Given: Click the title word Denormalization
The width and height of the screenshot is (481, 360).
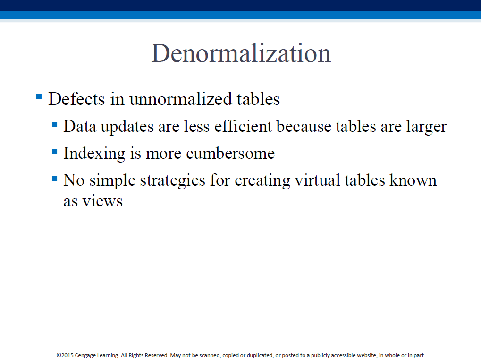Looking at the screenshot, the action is pos(241,53).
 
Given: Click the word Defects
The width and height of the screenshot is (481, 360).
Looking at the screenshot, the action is pos(76,99).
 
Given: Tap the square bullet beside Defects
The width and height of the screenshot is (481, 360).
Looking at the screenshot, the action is pos(39,97).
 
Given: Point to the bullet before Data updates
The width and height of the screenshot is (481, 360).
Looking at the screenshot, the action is pos(55,124).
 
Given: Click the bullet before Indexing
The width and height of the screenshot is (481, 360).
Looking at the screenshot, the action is pos(55,151).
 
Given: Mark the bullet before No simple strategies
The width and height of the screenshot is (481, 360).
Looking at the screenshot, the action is pos(55,178).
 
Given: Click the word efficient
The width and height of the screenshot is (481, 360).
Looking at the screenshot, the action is pos(243,126).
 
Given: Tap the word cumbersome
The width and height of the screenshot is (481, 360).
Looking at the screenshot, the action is pos(230,153).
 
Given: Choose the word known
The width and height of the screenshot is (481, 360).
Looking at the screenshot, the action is pos(413,180).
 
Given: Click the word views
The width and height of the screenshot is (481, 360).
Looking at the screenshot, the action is pos(102,202).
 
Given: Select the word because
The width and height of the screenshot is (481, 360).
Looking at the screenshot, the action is pos(304,126).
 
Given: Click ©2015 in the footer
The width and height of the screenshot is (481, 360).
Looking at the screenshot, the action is pos(65,355).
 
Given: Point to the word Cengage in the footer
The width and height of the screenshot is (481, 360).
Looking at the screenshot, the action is pos(85,355).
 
